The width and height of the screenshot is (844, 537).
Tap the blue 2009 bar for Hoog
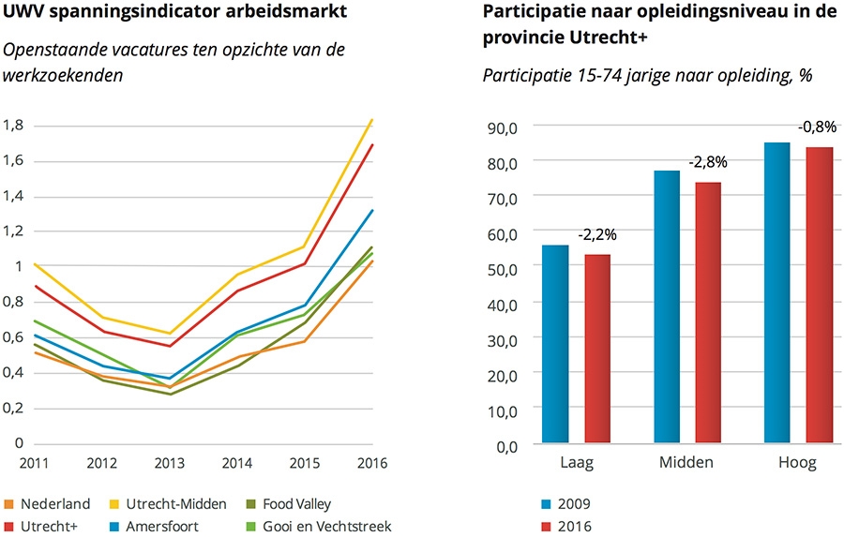click(777, 291)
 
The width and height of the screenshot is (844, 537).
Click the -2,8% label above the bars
click(708, 162)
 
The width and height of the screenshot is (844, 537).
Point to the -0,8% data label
click(817, 127)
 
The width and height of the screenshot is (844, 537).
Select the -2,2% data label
click(597, 234)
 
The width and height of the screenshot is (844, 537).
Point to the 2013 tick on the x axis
click(168, 463)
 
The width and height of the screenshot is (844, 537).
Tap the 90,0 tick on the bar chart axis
click(503, 126)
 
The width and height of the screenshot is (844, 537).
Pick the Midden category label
click(686, 463)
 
